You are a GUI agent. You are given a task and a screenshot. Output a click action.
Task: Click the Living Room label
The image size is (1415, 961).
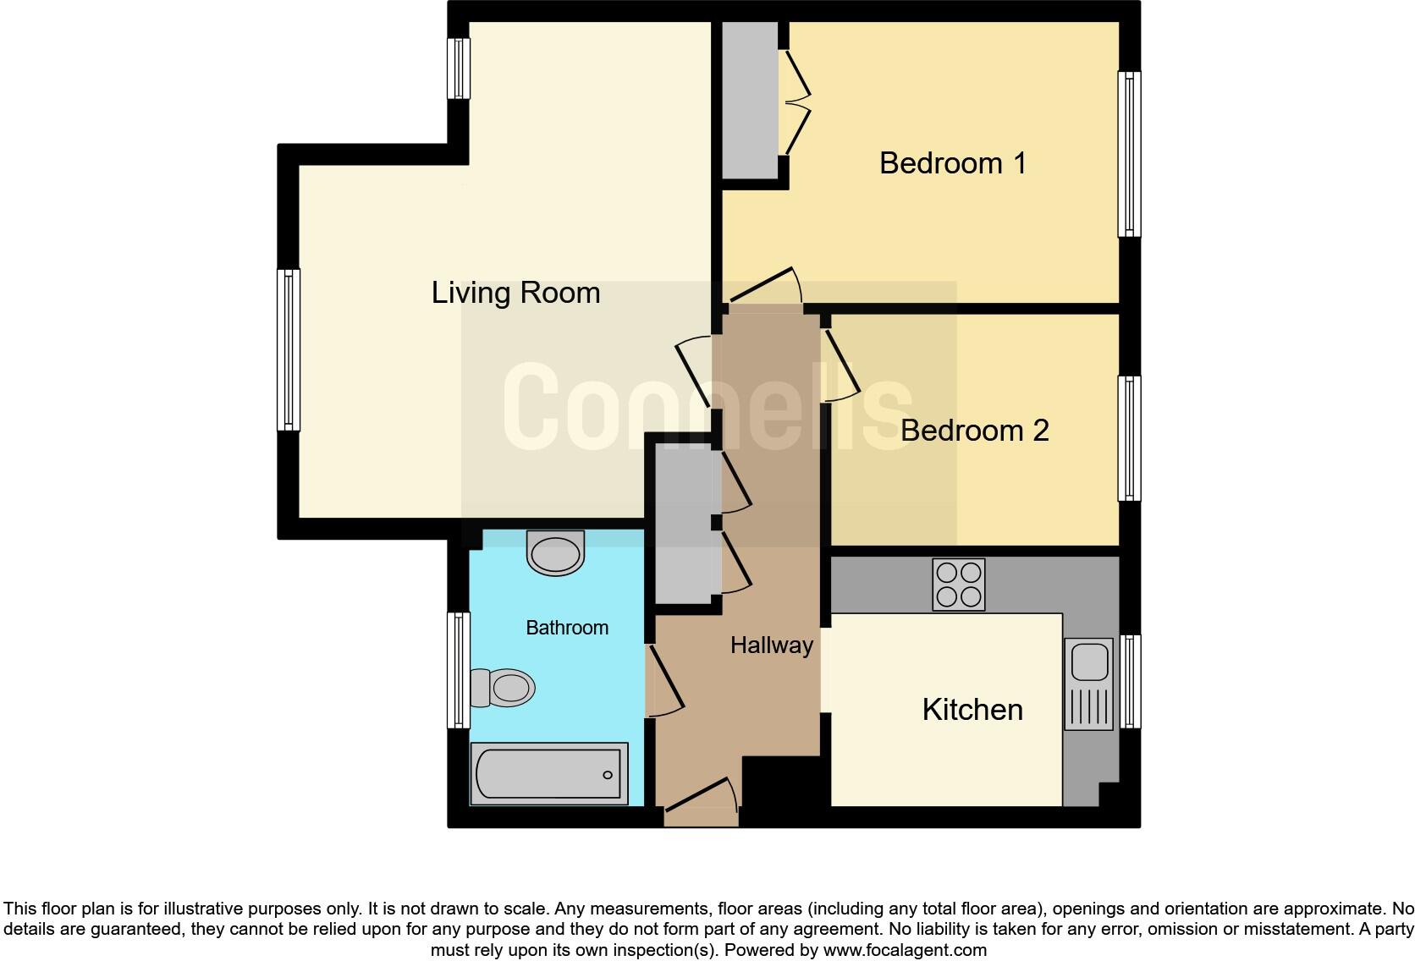tap(515, 293)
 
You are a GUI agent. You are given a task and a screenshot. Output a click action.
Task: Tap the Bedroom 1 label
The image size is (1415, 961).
tap(952, 162)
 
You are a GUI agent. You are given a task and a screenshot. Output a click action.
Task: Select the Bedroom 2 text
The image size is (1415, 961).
tap(974, 431)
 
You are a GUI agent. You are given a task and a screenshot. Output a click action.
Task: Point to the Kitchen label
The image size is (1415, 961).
tap(972, 709)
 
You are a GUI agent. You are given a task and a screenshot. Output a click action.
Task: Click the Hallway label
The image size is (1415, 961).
tap(771, 645)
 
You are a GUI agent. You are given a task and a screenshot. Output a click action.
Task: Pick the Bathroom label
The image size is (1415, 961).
tap(566, 628)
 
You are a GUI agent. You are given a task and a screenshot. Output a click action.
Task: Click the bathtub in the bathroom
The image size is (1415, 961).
tap(548, 774)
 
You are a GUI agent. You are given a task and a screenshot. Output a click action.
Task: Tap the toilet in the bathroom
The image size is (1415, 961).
tap(503, 687)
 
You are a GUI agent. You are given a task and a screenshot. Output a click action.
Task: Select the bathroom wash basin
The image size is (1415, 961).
tap(555, 552)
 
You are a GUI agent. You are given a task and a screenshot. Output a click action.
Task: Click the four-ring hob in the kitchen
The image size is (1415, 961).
tap(958, 585)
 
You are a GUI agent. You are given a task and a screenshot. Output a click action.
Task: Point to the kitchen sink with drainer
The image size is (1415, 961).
tap(1088, 684)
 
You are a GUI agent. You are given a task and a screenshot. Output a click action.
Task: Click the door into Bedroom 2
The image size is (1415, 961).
tap(841, 365)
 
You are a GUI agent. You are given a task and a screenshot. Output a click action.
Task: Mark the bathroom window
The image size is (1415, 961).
tap(458, 670)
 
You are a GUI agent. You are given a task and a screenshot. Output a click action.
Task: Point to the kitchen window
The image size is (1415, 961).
tap(1130, 681)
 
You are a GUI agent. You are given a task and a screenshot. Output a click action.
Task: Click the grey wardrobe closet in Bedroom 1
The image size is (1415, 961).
tap(749, 100)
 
